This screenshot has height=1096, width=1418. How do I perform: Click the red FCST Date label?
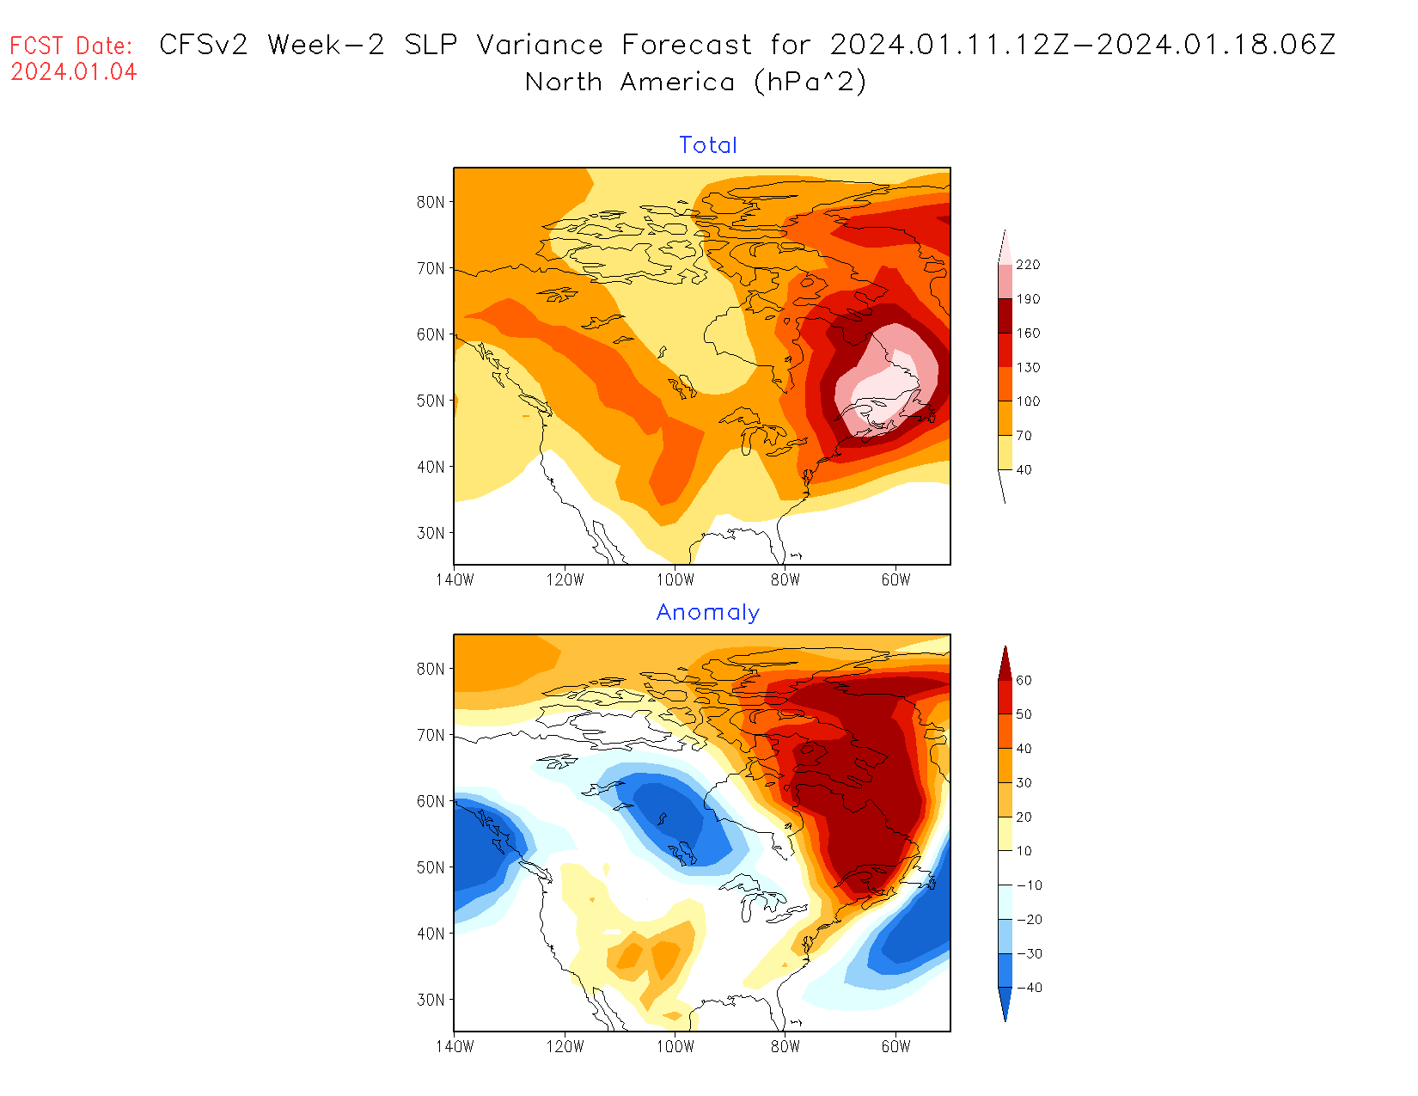pos(71,46)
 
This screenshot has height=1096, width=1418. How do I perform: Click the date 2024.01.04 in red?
pos(74,72)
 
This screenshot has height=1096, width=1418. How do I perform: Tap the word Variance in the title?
pos(540,45)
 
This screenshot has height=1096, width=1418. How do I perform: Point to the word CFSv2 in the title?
pos(204,45)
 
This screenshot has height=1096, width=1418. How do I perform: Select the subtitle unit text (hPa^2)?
pos(810,82)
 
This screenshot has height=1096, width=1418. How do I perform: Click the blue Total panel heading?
pos(708,145)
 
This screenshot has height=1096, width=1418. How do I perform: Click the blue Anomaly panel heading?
pos(708,612)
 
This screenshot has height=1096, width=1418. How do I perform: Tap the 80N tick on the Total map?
pos(431,202)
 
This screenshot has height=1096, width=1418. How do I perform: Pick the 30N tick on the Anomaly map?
pos(431,1000)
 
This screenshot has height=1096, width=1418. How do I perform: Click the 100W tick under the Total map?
pos(675,579)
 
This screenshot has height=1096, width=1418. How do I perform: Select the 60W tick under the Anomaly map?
pos(895,1046)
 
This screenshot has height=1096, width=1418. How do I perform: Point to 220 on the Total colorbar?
pos(1028,265)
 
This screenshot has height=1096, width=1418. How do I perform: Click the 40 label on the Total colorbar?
pos(1024,469)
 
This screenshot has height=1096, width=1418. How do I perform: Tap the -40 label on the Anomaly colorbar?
pos(1029,988)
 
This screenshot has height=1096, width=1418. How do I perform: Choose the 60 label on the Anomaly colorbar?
pos(1024,680)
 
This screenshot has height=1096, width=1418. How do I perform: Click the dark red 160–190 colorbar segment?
pos(1005,315)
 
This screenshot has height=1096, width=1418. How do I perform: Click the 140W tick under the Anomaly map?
pos(455,1046)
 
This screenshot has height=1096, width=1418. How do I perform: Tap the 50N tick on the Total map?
pos(431,401)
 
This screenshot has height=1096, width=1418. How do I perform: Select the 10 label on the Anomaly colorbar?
pos(1024,851)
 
